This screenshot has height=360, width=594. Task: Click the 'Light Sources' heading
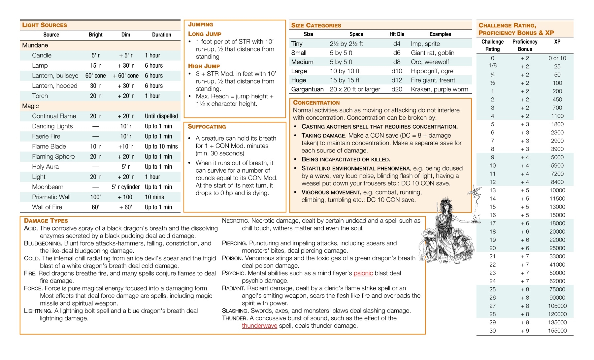click(44, 25)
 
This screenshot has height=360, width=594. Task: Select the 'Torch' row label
click(40, 96)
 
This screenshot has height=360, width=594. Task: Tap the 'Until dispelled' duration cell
click(161, 116)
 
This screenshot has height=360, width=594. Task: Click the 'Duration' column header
click(161, 35)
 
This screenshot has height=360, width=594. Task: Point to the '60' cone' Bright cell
click(95, 76)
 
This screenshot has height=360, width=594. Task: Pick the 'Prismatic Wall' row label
click(51, 197)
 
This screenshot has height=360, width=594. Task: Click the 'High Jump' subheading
click(204, 66)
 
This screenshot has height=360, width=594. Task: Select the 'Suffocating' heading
click(207, 127)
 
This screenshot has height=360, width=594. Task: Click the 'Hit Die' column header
click(397, 34)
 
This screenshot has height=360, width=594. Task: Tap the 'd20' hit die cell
click(397, 89)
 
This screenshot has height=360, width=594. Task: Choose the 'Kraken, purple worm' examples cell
click(439, 89)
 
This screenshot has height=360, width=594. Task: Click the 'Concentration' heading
click(316, 103)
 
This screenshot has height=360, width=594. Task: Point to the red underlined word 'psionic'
click(363, 273)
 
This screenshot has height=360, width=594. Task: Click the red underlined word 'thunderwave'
click(259, 326)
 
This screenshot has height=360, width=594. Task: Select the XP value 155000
click(557, 331)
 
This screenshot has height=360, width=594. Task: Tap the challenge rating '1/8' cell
click(492, 66)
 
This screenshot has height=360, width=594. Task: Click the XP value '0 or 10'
click(557, 58)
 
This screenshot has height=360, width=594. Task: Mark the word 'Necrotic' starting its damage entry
click(235, 221)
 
